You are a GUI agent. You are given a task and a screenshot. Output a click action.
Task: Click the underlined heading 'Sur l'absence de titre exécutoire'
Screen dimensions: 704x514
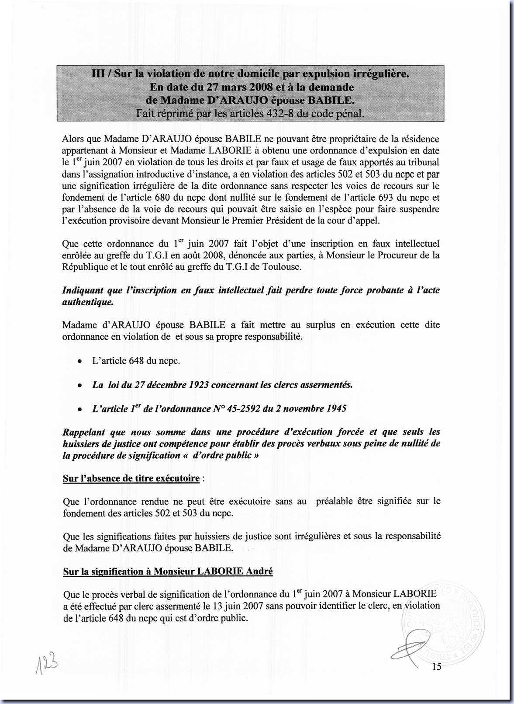point(131,478)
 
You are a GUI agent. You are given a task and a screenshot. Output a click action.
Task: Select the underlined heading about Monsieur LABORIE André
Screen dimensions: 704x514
point(168,572)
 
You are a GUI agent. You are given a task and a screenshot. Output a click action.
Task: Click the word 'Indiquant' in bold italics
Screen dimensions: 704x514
point(83,290)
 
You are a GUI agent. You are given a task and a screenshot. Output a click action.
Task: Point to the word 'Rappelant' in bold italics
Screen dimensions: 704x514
point(84,432)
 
